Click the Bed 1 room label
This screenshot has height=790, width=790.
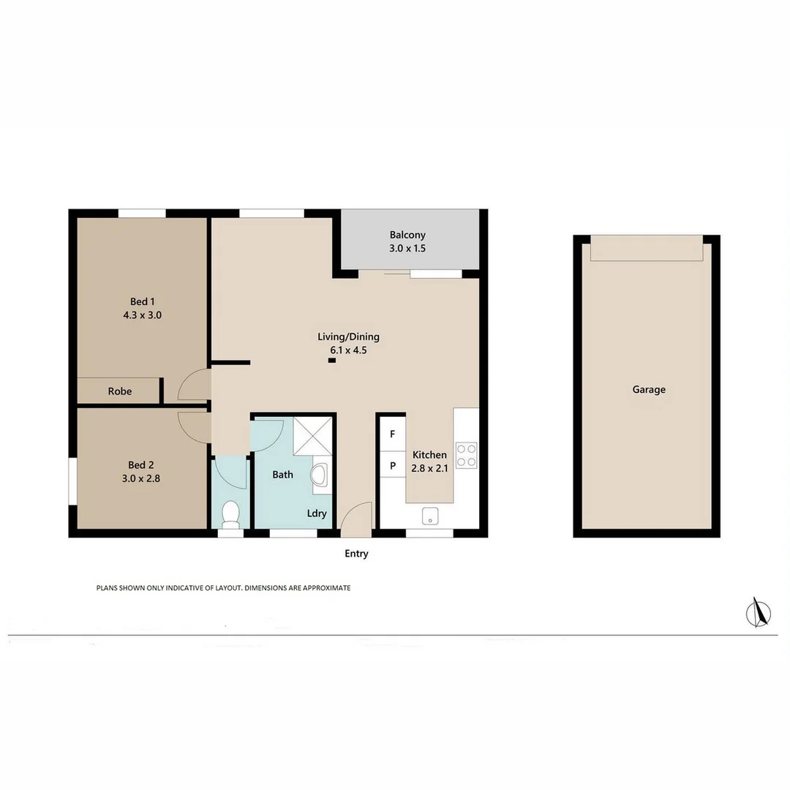pyautogui.click(x=142, y=301)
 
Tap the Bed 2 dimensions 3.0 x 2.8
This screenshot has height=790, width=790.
pyautogui.click(x=142, y=479)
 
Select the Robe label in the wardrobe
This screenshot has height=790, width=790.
pyautogui.click(x=120, y=391)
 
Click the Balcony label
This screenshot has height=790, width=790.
pyautogui.click(x=407, y=235)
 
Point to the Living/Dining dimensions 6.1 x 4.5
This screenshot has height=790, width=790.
pyautogui.click(x=348, y=350)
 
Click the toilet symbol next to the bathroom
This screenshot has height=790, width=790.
pyautogui.click(x=231, y=513)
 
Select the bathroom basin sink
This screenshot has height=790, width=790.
pyautogui.click(x=321, y=475)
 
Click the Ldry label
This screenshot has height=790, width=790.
pyautogui.click(x=317, y=513)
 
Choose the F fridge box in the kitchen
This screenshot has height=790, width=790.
pyautogui.click(x=393, y=434)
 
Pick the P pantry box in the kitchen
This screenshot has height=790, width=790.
pyautogui.click(x=393, y=465)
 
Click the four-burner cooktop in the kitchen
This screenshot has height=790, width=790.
pyautogui.click(x=466, y=455)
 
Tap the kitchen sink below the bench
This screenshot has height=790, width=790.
pyautogui.click(x=430, y=516)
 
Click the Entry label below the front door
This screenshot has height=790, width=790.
pyautogui.click(x=356, y=554)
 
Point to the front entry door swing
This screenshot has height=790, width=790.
pyautogui.click(x=356, y=516)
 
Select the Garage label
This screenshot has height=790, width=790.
pyautogui.click(x=649, y=390)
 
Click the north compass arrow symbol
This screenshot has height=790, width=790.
pyautogui.click(x=759, y=612)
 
